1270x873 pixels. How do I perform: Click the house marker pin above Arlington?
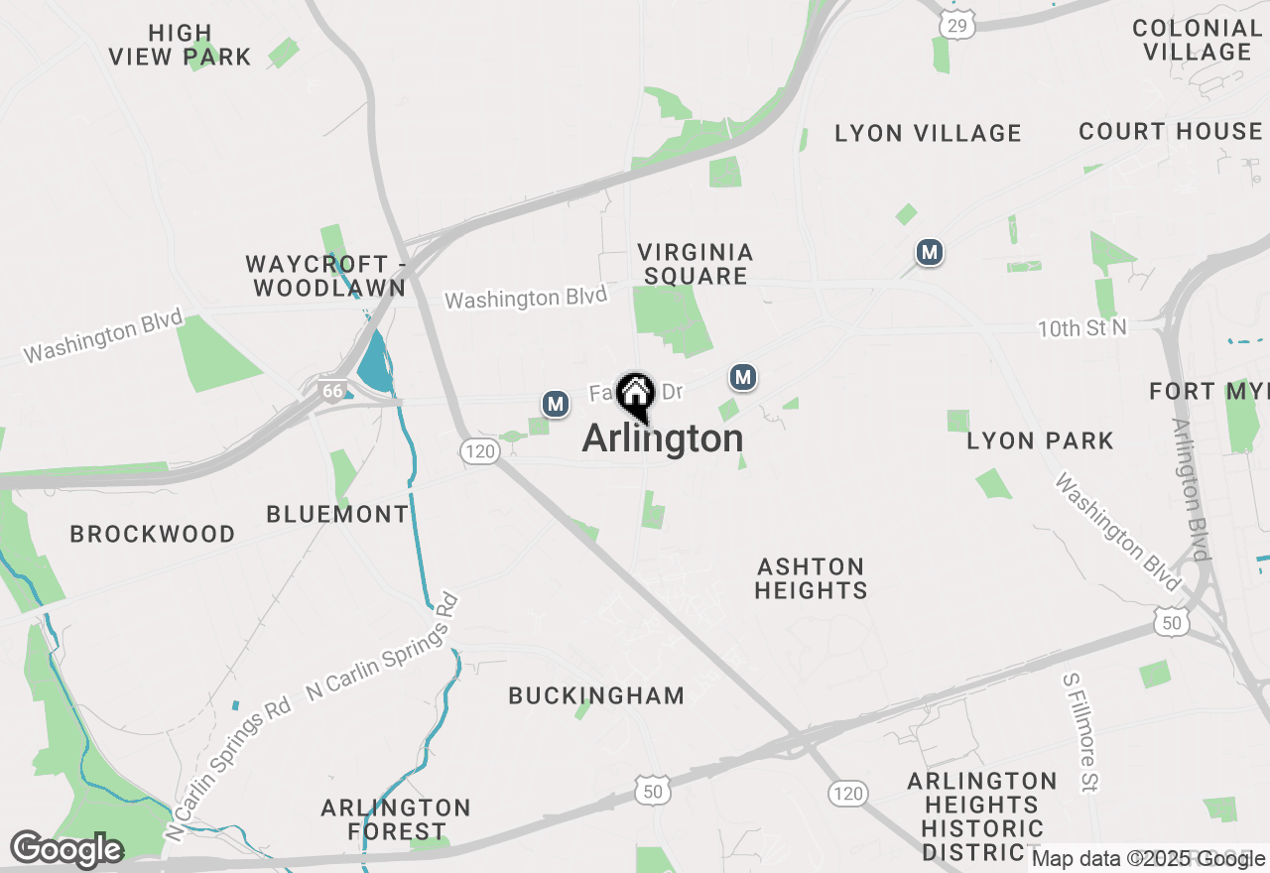635,395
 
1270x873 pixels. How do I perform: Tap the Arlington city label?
662,438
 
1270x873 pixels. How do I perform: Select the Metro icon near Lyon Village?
929,253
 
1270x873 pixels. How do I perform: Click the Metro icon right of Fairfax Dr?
743,377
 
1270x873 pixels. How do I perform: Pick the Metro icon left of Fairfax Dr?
556,404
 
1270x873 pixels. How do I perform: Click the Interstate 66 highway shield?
331,391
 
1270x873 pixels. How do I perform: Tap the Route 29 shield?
958,25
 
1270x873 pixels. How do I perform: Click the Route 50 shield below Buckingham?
652,791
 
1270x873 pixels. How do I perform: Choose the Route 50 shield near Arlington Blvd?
1171,622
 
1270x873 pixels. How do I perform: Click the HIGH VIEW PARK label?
181,46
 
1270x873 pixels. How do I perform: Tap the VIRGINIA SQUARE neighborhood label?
695,264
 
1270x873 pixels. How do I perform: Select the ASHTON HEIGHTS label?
811,578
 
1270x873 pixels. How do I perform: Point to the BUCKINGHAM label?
596,695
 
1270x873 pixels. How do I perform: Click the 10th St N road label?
1082,328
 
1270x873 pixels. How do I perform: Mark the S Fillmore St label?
1080,732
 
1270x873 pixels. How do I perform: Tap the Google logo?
66,850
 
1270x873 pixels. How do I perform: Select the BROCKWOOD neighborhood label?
153,534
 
